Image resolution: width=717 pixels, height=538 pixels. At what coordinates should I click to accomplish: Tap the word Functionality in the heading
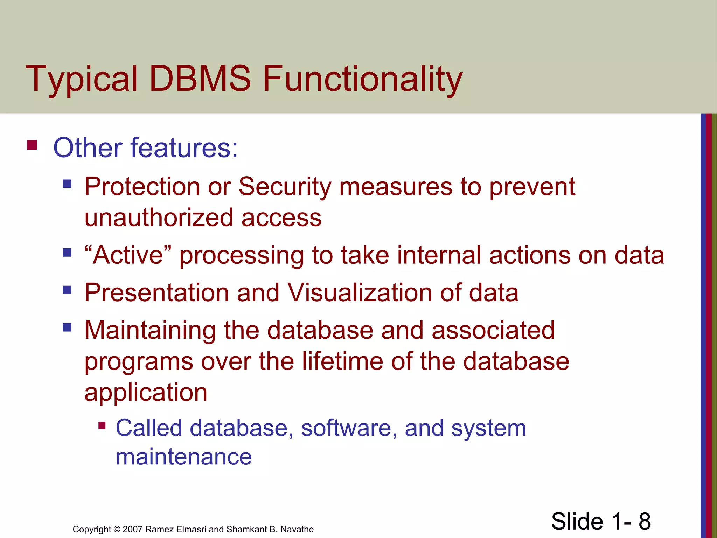tap(362, 79)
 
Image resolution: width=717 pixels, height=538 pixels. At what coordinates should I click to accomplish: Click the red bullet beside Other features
tap(32, 145)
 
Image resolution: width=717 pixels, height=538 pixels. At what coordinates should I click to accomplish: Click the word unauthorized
tap(159, 218)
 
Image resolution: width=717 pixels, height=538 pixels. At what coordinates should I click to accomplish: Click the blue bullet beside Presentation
tap(67, 290)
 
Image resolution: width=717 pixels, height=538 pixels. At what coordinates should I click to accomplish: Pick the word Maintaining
tap(150, 331)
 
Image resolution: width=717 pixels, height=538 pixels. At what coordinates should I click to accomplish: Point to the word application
tap(146, 392)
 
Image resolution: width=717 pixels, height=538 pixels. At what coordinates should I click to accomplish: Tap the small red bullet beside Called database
tap(102, 426)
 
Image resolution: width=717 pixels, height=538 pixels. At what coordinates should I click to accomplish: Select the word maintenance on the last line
tap(183, 457)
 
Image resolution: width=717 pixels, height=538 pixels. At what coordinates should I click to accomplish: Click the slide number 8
tap(644, 521)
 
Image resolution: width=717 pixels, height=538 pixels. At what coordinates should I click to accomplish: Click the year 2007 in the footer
tap(133, 529)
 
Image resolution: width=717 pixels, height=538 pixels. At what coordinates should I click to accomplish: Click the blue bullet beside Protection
tap(67, 184)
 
